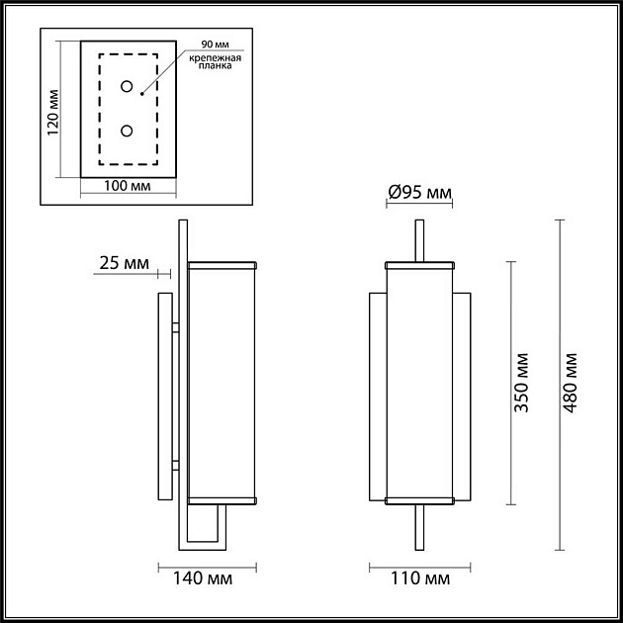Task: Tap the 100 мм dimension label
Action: click(x=128, y=186)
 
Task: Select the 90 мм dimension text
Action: click(x=214, y=45)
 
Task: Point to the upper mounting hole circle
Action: click(x=127, y=87)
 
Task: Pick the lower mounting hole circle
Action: click(x=127, y=131)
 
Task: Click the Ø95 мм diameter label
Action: click(x=419, y=193)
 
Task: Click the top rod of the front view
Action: click(x=419, y=240)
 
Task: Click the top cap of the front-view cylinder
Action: click(x=419, y=265)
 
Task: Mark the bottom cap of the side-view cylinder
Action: click(x=222, y=498)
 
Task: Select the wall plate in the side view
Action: click(x=164, y=396)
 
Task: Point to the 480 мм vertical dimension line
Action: click(x=560, y=384)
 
